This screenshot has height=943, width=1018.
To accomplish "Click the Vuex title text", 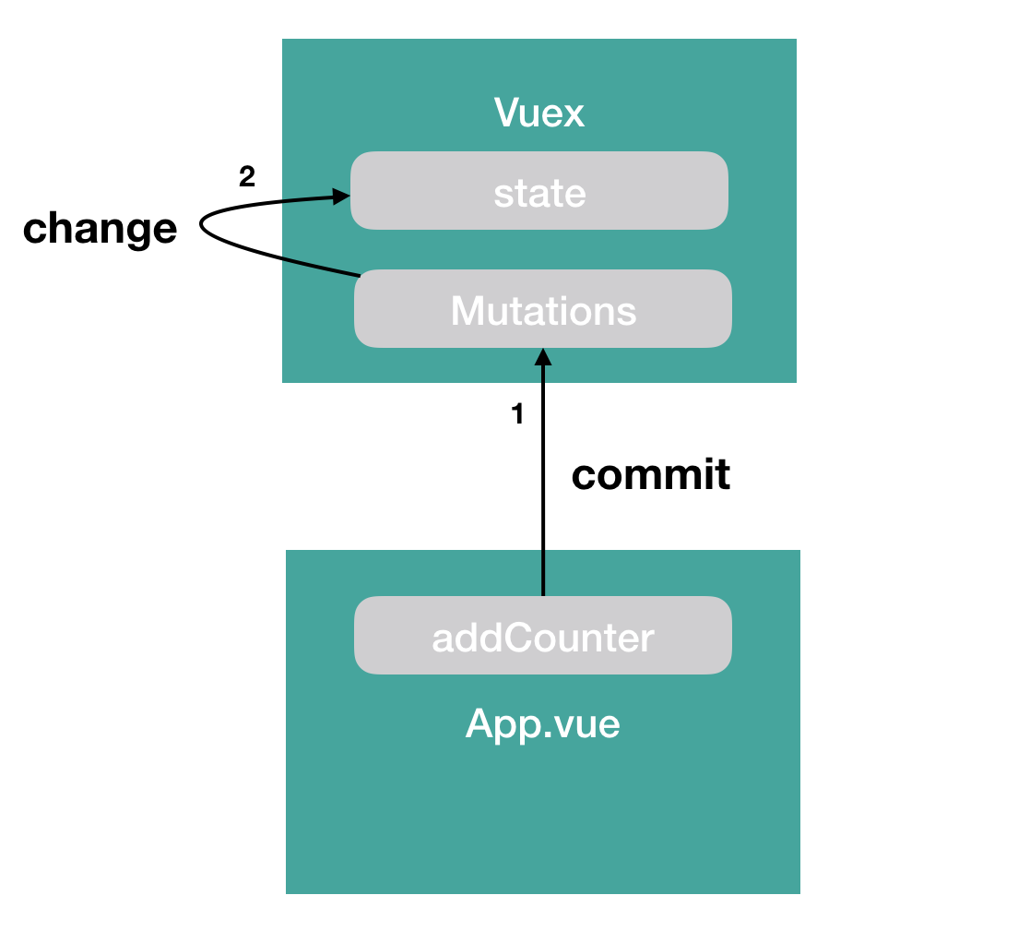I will coord(539,113).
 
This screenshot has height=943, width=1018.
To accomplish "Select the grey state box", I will coord(539,190).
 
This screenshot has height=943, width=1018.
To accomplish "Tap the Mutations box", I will coord(543,309).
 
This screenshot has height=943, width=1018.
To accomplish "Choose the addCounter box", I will coord(543,636).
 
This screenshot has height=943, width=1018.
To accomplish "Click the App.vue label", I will coord(543,724).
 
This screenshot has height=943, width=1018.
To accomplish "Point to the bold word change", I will coord(100,228).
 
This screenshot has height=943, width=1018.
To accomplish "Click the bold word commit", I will coord(651,475).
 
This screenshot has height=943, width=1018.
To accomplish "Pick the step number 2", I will coord(246,177).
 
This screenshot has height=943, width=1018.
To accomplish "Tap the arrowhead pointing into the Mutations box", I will coord(543,357).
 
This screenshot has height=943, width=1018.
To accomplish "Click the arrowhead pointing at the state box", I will coord(340,196).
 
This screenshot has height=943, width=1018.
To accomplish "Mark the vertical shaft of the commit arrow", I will coord(543,480).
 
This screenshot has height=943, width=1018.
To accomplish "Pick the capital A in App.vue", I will coord(480,724).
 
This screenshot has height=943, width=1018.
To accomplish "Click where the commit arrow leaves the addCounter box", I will coord(543,596).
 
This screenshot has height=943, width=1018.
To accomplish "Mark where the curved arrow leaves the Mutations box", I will coord(357,274).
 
